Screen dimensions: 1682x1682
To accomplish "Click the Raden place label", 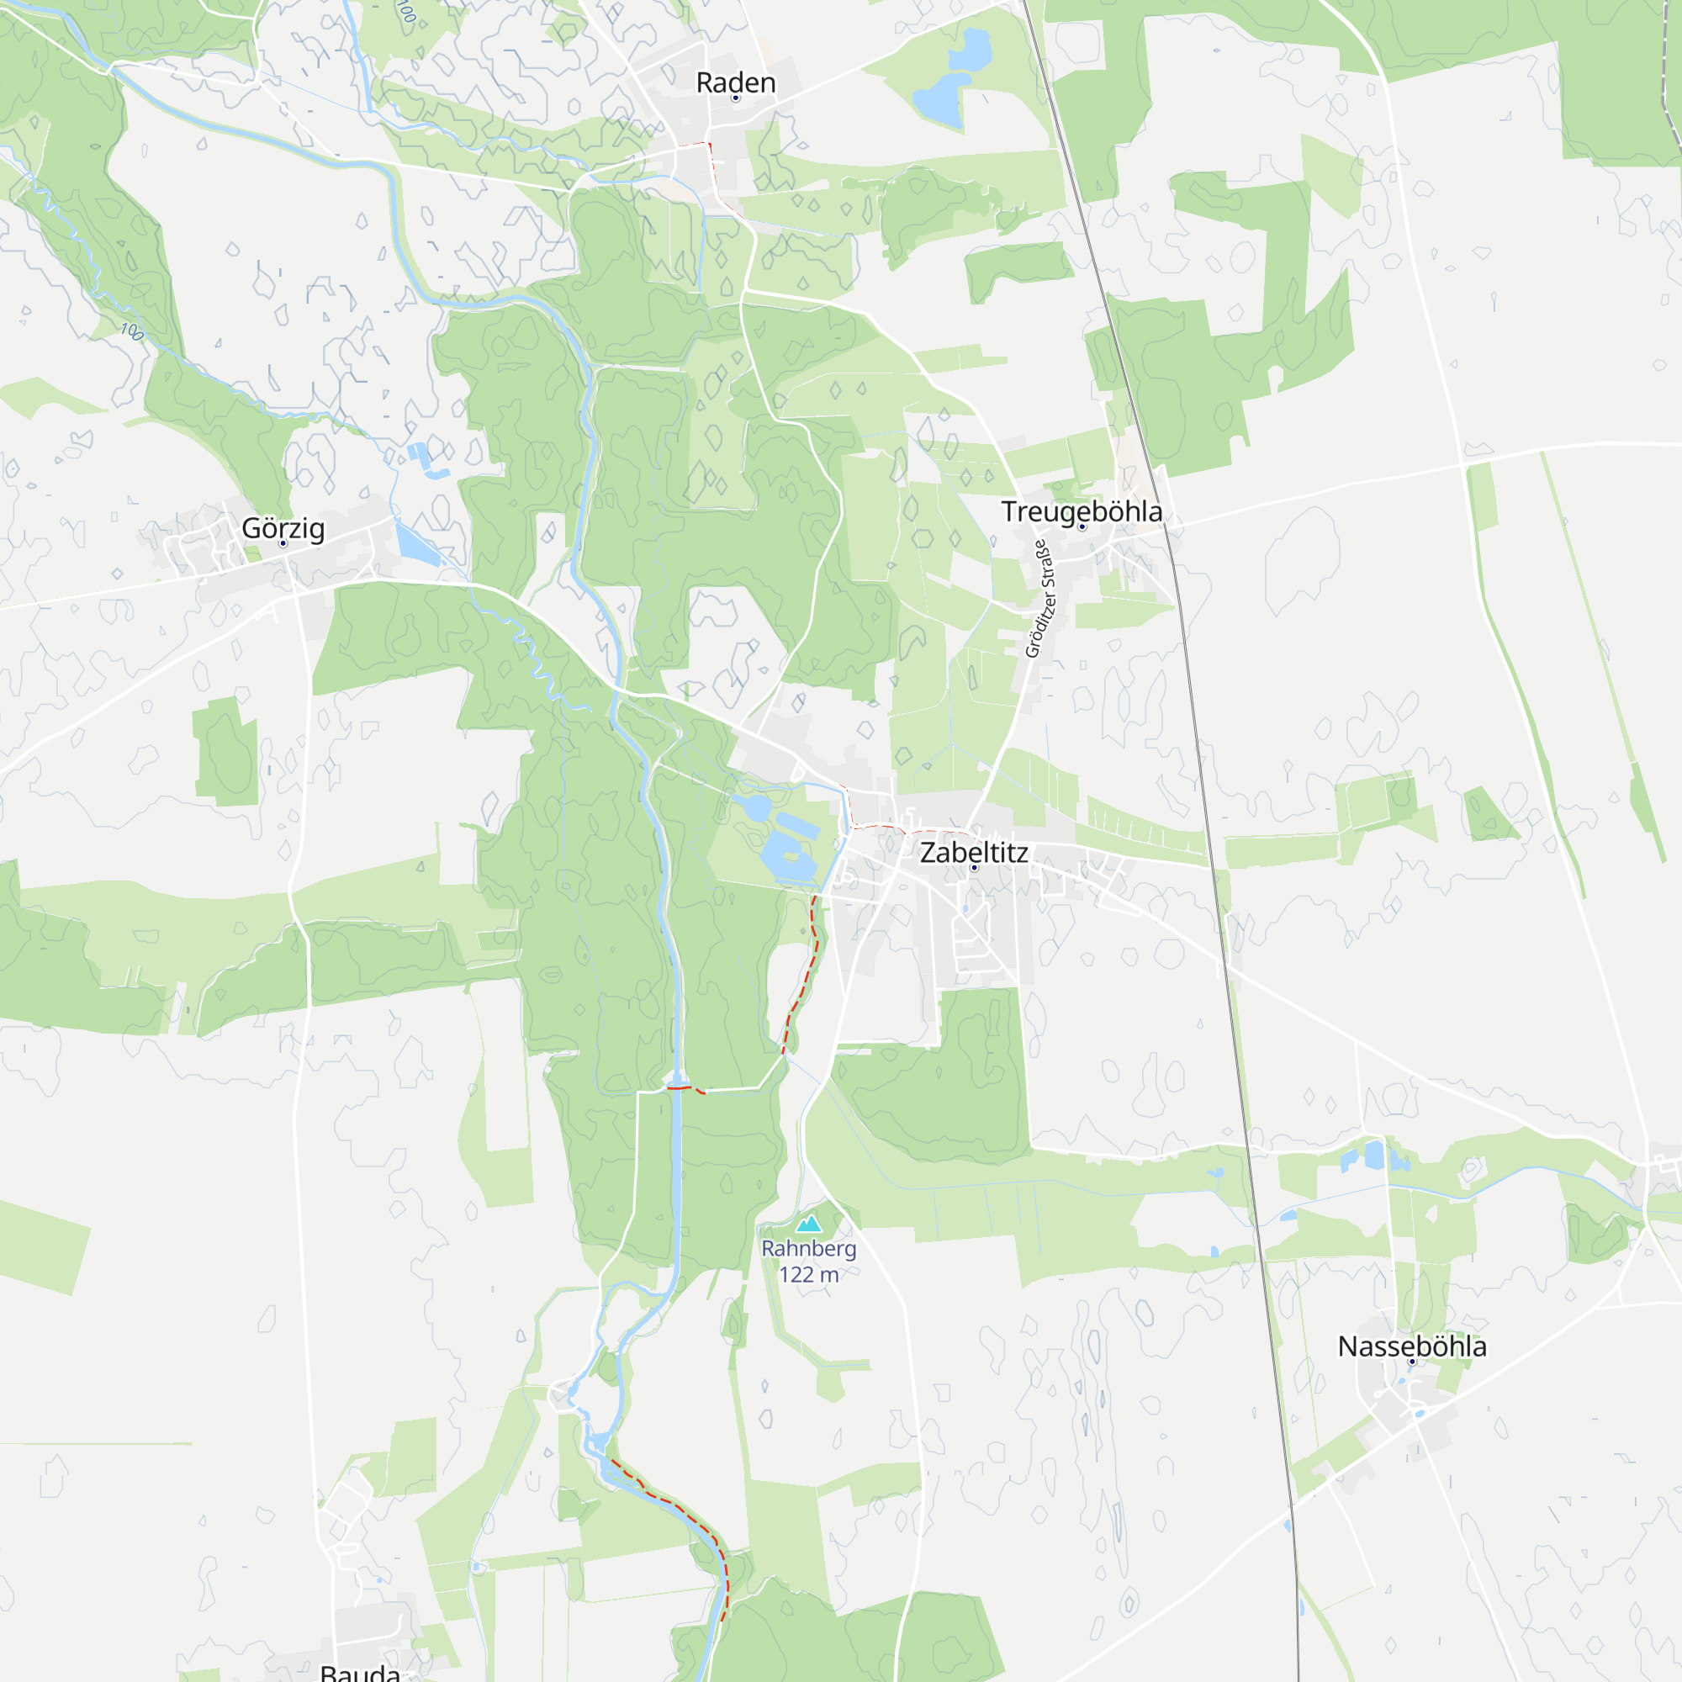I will click(736, 82).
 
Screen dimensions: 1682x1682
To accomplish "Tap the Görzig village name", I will click(283, 528).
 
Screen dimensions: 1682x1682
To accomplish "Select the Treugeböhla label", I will click(1082, 512).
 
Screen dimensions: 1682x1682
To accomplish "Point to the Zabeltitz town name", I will click(973, 852).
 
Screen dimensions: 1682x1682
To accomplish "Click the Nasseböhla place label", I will click(1411, 1346).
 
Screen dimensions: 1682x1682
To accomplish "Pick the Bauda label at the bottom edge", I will click(360, 1672).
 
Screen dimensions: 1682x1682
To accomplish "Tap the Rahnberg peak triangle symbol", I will click(809, 1223).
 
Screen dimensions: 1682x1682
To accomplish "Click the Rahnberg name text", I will click(809, 1248).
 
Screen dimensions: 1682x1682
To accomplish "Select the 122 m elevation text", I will click(809, 1275).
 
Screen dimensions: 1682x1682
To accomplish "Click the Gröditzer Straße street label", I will click(1039, 599).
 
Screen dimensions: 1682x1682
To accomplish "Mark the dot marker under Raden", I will click(736, 98).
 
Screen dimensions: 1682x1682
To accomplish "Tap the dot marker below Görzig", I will click(283, 543).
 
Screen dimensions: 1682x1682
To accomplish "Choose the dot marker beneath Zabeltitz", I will click(974, 868).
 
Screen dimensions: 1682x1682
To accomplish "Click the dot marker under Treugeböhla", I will click(1082, 526).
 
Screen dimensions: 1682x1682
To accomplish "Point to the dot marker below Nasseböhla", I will click(1412, 1362).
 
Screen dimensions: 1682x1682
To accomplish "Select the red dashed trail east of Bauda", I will click(688, 1515).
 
